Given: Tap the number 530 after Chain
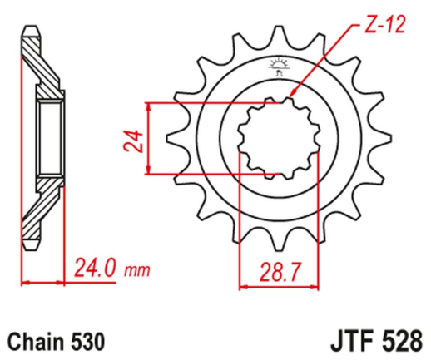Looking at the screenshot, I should (x=89, y=341).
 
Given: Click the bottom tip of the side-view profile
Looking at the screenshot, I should (x=32, y=246).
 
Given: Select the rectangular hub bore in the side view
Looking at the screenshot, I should (x=47, y=139).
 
